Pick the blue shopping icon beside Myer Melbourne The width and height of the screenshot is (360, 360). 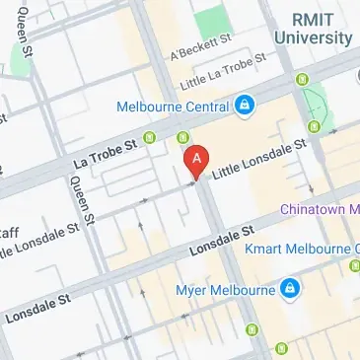click(289, 289)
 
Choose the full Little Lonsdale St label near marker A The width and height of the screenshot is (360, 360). click(261, 158)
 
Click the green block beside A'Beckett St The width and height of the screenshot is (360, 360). click(209, 20)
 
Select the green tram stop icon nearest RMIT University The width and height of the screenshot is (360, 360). click(315, 126)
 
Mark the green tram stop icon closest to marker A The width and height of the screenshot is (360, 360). click(183, 137)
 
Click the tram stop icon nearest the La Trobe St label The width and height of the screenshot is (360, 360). click(150, 137)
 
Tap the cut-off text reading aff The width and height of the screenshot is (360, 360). click(9, 233)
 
